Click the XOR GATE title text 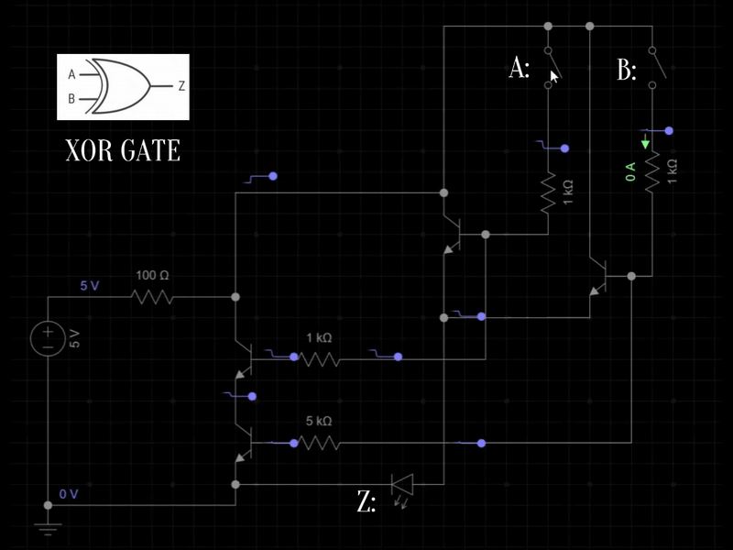tap(123, 150)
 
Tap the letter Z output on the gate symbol tap(181, 86)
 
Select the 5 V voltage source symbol tap(48, 338)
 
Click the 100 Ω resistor tap(152, 297)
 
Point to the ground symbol tap(48, 527)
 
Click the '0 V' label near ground tap(69, 494)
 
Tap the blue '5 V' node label tap(89, 286)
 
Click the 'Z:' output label tap(366, 502)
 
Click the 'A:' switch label tap(519, 69)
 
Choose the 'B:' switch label tap(627, 71)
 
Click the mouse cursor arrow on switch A tap(554, 76)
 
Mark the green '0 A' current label tap(630, 171)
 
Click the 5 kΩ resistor tap(319, 444)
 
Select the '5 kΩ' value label tap(318, 422)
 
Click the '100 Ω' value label tap(152, 275)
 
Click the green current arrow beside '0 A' tap(645, 143)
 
